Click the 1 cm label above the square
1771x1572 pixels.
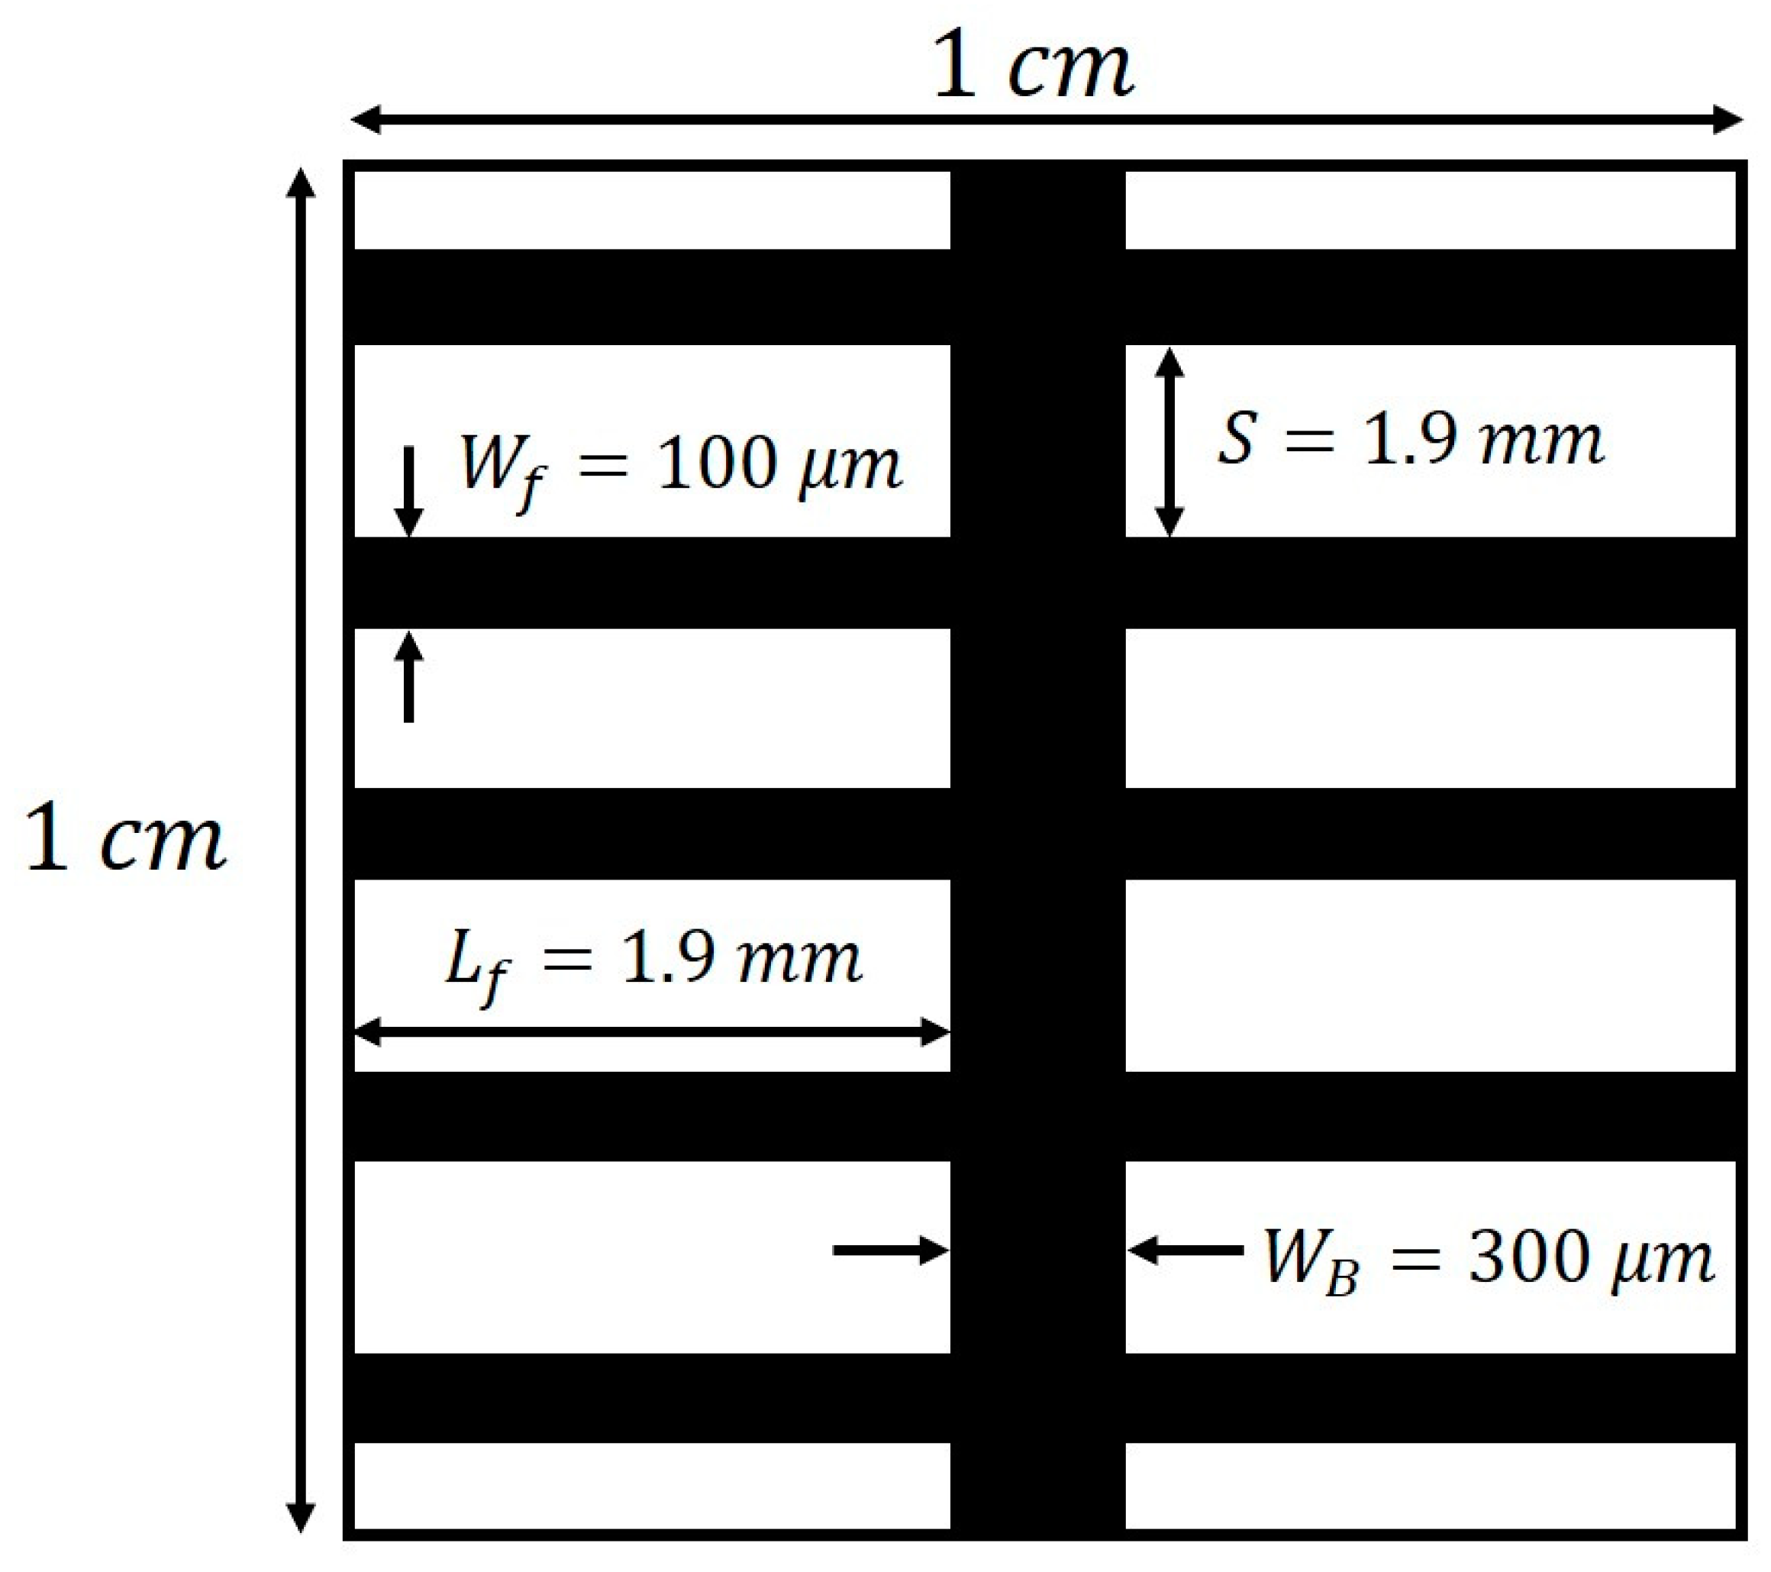pyautogui.click(x=1034, y=66)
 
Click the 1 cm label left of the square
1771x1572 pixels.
pyautogui.click(x=126, y=839)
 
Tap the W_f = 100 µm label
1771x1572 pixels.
pyautogui.click(x=681, y=469)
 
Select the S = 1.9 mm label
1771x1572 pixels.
pyautogui.click(x=1411, y=441)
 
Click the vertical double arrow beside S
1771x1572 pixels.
pyautogui.click(x=1169, y=441)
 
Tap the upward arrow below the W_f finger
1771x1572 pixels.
pyautogui.click(x=409, y=676)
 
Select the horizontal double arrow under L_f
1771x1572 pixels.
pyautogui.click(x=653, y=1032)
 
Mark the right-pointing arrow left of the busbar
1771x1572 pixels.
pyautogui.click(x=891, y=1250)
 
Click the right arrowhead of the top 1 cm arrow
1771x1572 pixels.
pyautogui.click(x=1727, y=120)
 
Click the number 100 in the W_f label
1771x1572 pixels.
pyautogui.click(x=715, y=466)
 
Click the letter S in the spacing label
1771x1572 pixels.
pyautogui.click(x=1237, y=437)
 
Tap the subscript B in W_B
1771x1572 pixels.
pyautogui.click(x=1341, y=1279)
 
